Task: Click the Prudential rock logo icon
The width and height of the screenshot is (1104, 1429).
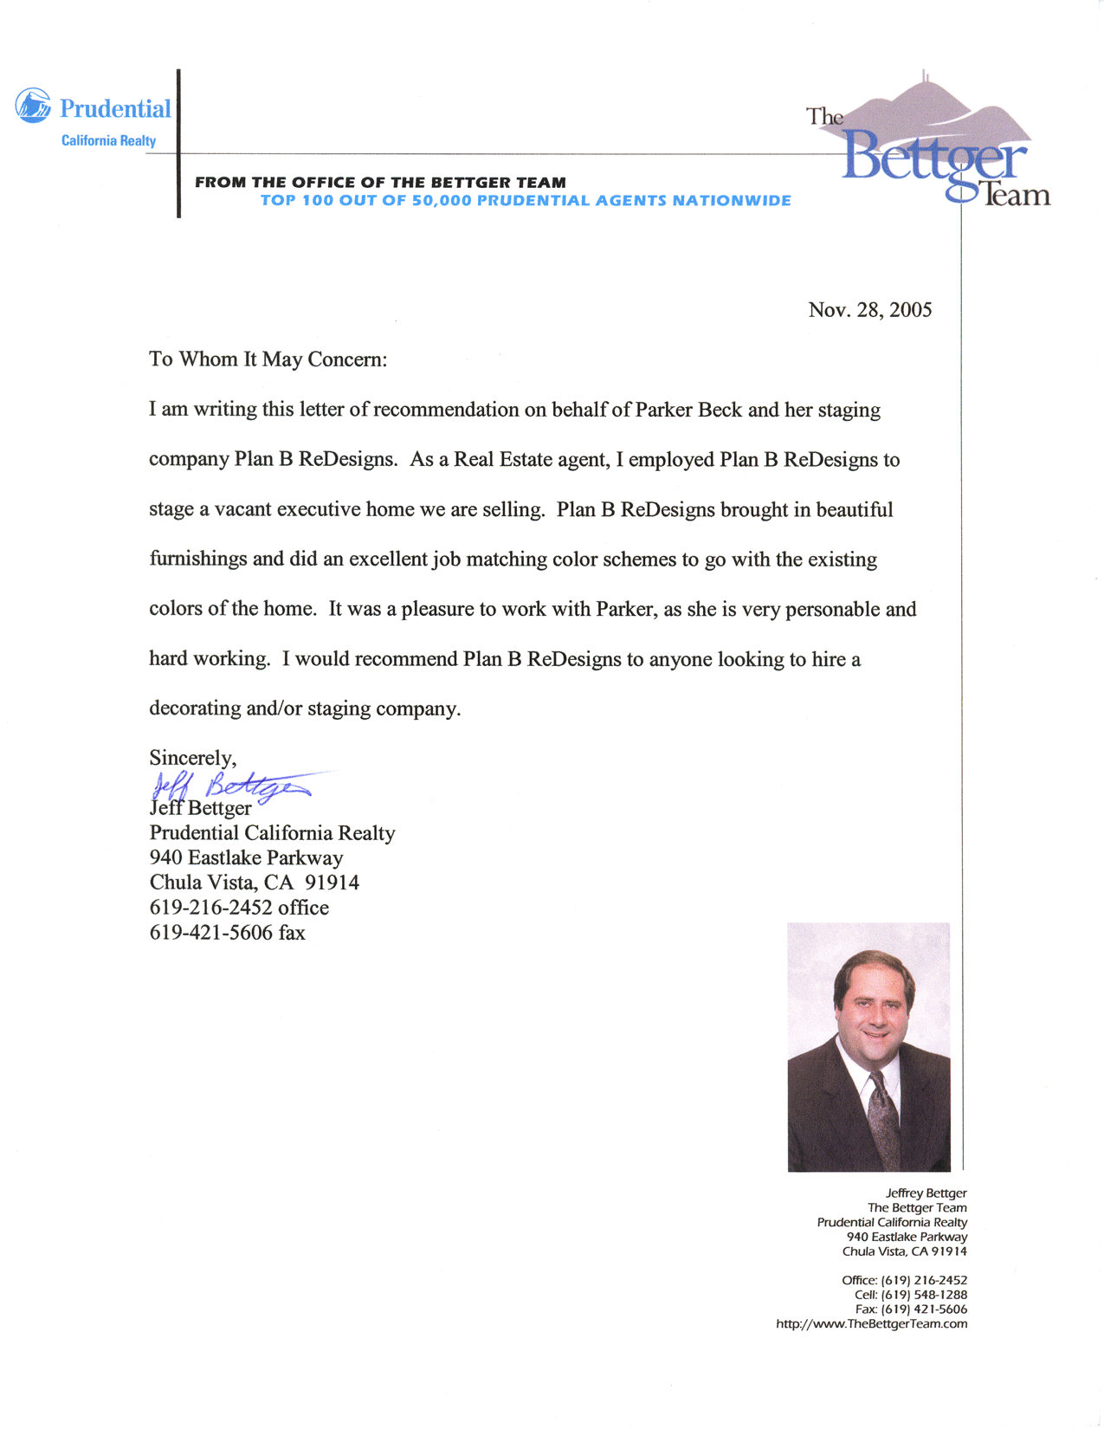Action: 33,106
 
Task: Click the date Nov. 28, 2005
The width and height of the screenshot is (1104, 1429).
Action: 869,310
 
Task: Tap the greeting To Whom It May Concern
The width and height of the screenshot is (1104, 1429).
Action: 268,359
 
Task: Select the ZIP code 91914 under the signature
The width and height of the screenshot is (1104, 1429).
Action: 332,883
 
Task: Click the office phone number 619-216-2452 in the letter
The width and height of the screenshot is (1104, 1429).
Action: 211,908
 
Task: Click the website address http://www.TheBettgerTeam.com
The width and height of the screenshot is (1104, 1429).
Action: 871,1323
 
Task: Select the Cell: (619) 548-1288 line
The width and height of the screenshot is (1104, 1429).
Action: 911,1295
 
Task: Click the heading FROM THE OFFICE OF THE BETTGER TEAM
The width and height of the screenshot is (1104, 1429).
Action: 380,183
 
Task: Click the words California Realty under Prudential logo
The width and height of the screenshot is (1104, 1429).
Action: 108,141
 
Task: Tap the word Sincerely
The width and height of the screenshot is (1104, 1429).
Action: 192,758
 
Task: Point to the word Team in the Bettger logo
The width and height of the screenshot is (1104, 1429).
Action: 1017,194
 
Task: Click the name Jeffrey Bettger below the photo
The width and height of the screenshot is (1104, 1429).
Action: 926,1193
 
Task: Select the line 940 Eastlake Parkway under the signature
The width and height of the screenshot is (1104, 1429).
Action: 246,857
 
